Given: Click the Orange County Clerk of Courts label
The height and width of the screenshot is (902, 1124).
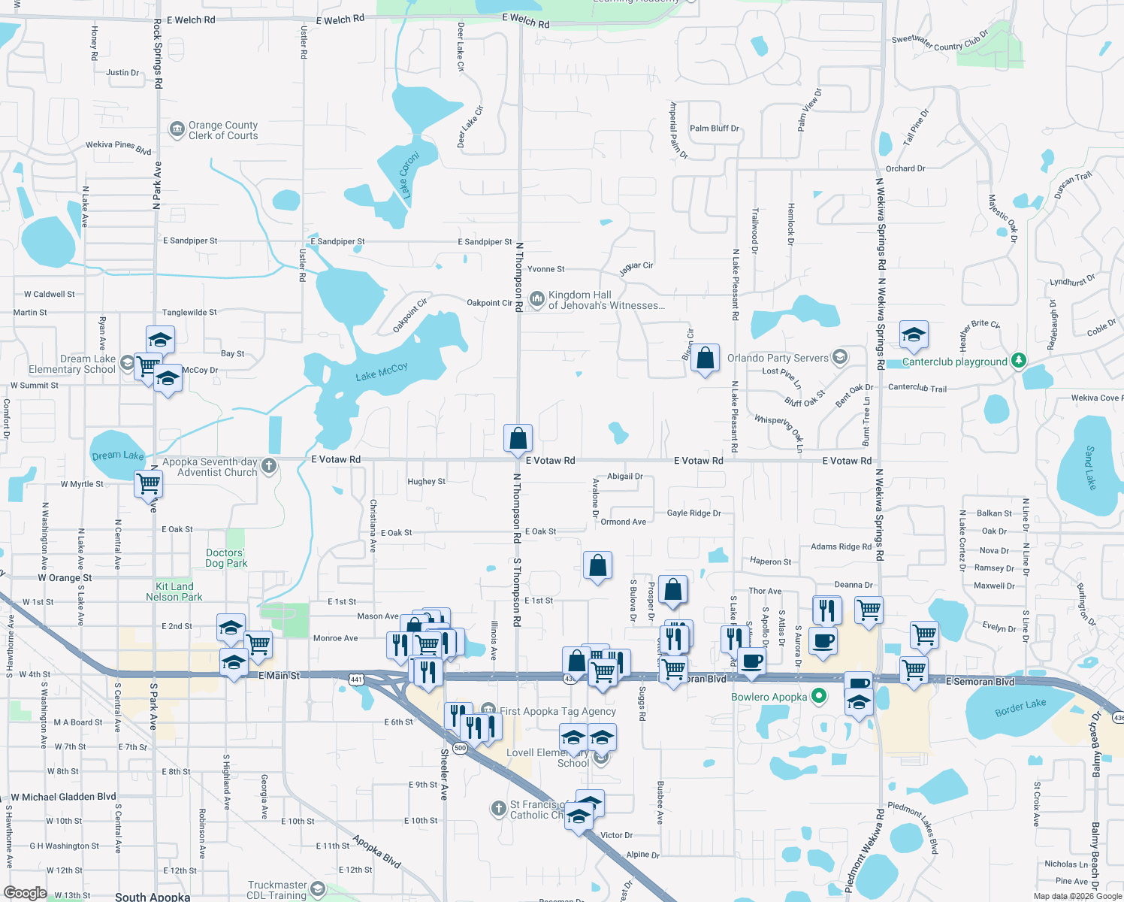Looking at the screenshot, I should [222, 130].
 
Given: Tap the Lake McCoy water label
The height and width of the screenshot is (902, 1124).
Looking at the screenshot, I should [382, 371].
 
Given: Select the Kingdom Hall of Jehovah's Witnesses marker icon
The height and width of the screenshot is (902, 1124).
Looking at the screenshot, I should [536, 299].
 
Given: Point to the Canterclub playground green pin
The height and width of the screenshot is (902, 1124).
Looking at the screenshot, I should [1018, 361].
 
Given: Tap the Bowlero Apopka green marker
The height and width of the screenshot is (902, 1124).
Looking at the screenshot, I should [819, 697].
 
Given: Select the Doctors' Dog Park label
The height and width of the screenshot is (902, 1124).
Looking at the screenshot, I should [226, 558].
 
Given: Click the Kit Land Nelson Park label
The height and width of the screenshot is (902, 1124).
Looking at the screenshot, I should [174, 592].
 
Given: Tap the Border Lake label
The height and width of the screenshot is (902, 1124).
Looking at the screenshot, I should [1020, 708].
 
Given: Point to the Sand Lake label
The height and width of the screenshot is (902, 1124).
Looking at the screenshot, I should [1090, 468].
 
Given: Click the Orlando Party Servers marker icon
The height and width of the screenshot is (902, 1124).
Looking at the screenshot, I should [840, 357].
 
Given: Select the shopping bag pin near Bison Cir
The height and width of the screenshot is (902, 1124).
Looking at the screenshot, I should [705, 359].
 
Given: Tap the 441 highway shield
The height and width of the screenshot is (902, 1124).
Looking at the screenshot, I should [356, 680].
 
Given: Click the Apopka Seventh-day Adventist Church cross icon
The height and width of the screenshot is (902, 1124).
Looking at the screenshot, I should [269, 466].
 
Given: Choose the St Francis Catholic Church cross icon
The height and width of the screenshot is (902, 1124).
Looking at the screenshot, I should [498, 809].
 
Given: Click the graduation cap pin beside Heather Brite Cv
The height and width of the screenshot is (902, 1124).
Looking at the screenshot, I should [914, 335].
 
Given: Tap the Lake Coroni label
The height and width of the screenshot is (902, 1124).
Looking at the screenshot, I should [409, 174].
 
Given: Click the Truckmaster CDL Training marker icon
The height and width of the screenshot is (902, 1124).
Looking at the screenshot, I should [317, 890].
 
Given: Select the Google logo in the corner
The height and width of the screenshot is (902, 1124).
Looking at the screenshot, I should [25, 892].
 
